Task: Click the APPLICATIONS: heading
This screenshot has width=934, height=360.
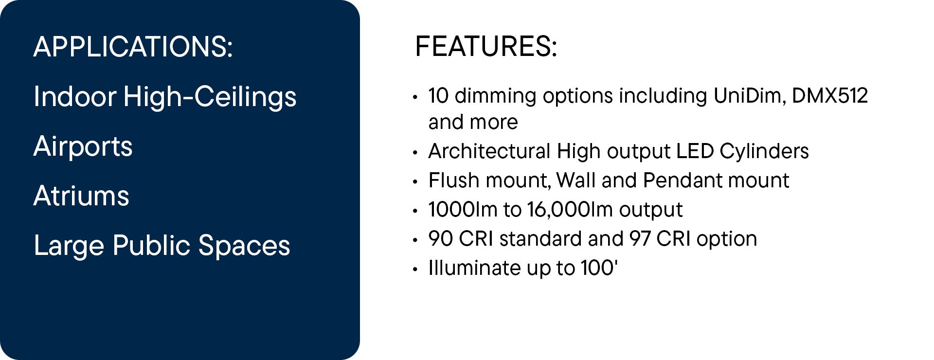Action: [x=133, y=47]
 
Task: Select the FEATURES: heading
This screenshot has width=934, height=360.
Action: [x=486, y=47]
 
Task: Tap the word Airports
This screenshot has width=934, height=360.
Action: [x=83, y=147]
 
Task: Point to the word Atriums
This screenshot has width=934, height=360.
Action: [x=81, y=196]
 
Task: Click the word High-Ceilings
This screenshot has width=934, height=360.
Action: [x=210, y=97]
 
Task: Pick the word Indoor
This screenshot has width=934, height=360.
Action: [x=75, y=96]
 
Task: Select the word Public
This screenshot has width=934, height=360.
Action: [x=152, y=245]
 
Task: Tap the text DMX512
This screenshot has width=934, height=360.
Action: [x=830, y=96]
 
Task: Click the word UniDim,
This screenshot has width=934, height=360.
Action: [x=750, y=96]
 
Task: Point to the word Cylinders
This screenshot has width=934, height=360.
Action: [x=764, y=152]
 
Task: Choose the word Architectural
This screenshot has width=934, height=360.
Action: [x=489, y=151]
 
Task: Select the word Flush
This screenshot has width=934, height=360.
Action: [x=454, y=180]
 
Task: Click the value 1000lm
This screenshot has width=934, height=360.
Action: [x=463, y=210]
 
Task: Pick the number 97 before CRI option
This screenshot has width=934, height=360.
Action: [x=640, y=239]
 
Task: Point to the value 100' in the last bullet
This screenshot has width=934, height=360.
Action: [x=599, y=268]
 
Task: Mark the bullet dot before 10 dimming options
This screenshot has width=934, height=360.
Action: [x=415, y=97]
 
